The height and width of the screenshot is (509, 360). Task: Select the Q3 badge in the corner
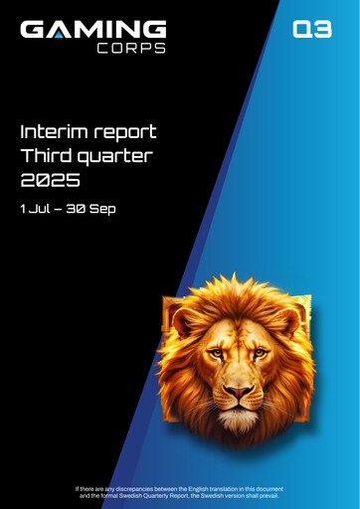311,30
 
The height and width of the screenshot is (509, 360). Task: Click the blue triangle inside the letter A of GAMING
65,33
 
